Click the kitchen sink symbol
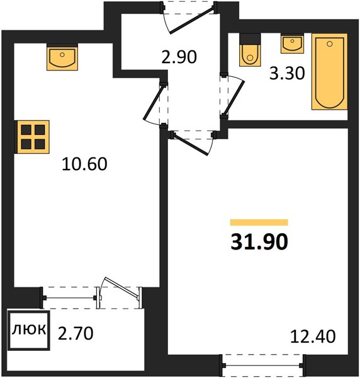(x=62, y=59)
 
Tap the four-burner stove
(x=32, y=137)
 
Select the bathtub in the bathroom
(x=329, y=72)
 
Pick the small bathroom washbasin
(x=292, y=44)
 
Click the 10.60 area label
(x=84, y=164)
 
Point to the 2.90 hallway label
(x=179, y=57)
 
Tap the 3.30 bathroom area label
(x=287, y=73)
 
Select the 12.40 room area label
(x=313, y=336)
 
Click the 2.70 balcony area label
(x=76, y=333)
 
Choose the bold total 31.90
(x=259, y=243)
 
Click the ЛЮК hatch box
(x=29, y=330)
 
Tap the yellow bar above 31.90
(x=259, y=222)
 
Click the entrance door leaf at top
(x=191, y=20)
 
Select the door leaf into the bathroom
(x=234, y=98)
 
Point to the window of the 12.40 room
(x=263, y=365)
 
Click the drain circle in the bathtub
(x=330, y=44)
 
